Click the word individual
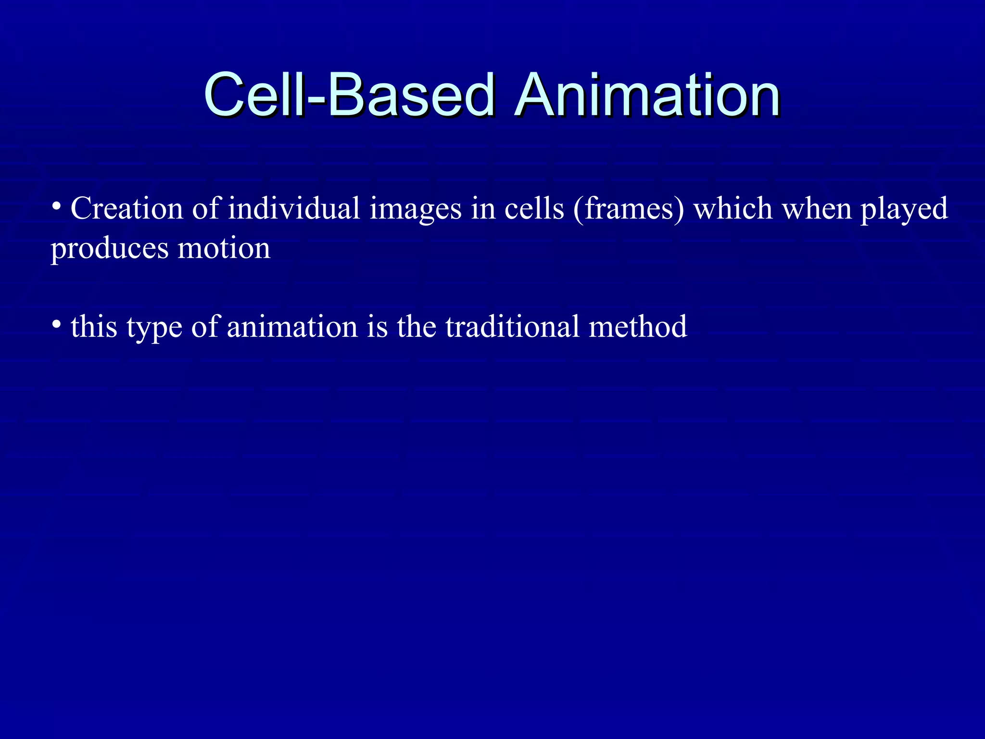point(294,209)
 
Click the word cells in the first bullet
point(534,209)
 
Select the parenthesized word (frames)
point(628,210)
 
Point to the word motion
point(224,248)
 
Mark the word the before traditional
point(417,327)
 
